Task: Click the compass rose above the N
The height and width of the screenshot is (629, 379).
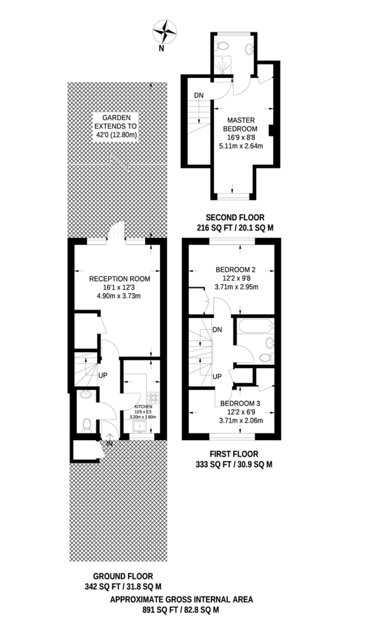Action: pyautogui.click(x=165, y=32)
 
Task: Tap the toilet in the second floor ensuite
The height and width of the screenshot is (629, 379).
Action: pyautogui.click(x=222, y=46)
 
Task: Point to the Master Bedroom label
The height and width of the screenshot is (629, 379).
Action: pyautogui.click(x=240, y=125)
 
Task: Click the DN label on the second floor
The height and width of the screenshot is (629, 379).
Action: pyautogui.click(x=199, y=95)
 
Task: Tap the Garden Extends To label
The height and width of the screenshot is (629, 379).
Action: pyautogui.click(x=116, y=126)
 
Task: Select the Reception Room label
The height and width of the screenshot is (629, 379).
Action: pyautogui.click(x=120, y=279)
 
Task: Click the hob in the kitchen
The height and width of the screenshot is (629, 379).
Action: pyautogui.click(x=153, y=398)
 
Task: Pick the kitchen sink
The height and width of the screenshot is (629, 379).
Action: pyautogui.click(x=140, y=426)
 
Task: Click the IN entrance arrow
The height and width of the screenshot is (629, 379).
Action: pyautogui.click(x=109, y=440)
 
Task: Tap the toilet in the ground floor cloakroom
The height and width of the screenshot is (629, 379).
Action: pyautogui.click(x=87, y=425)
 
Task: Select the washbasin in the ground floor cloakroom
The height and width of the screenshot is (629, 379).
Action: pyautogui.click(x=86, y=395)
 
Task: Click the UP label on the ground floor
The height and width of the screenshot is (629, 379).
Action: pyautogui.click(x=103, y=375)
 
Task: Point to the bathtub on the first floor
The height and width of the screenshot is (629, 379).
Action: pyautogui.click(x=255, y=326)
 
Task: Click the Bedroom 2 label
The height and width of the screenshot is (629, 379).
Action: pyautogui.click(x=236, y=270)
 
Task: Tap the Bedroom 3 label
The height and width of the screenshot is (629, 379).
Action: pyautogui.click(x=240, y=404)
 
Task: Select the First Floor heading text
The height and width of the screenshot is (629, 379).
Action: pyautogui.click(x=234, y=454)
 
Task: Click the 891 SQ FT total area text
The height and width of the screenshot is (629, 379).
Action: pyautogui.click(x=181, y=610)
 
